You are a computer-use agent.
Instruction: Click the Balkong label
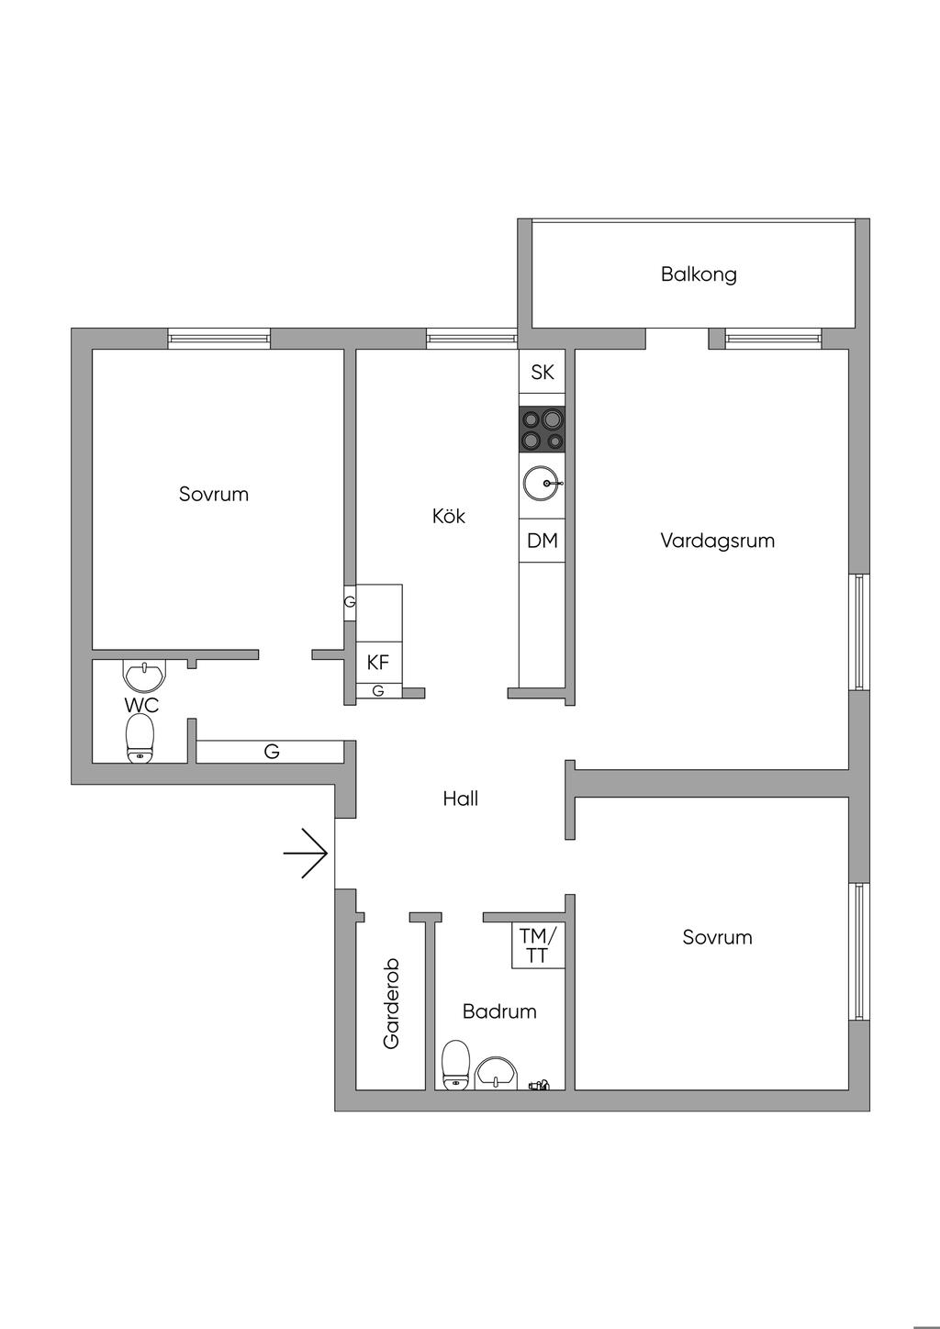click(x=699, y=274)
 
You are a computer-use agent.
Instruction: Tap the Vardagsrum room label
click(x=717, y=541)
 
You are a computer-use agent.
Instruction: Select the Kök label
click(x=449, y=516)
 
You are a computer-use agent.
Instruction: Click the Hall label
click(x=460, y=799)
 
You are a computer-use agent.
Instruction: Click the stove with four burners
click(x=542, y=430)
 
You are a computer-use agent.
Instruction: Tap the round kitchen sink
click(x=542, y=482)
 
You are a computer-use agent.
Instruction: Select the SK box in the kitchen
click(x=542, y=372)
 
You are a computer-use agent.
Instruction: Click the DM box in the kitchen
click(x=542, y=541)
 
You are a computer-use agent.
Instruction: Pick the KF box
click(x=378, y=662)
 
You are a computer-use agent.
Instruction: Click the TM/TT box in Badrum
click(x=538, y=945)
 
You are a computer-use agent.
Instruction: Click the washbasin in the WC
click(x=145, y=676)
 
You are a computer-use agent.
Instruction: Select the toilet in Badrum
click(x=456, y=1065)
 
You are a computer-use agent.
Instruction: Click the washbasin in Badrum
click(x=497, y=1071)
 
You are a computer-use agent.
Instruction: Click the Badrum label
click(x=499, y=1011)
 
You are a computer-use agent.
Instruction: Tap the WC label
click(x=141, y=705)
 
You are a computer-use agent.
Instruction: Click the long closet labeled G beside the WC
click(x=271, y=752)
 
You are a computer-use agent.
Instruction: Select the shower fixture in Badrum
click(x=539, y=1086)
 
